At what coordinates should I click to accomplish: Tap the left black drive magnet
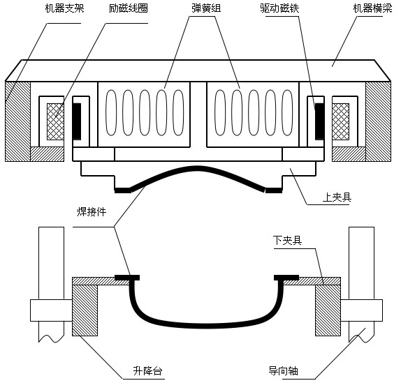(x=76, y=120)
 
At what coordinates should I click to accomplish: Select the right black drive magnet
(x=319, y=120)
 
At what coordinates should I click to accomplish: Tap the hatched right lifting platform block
(x=327, y=310)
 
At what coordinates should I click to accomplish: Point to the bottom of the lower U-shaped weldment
(x=206, y=324)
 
